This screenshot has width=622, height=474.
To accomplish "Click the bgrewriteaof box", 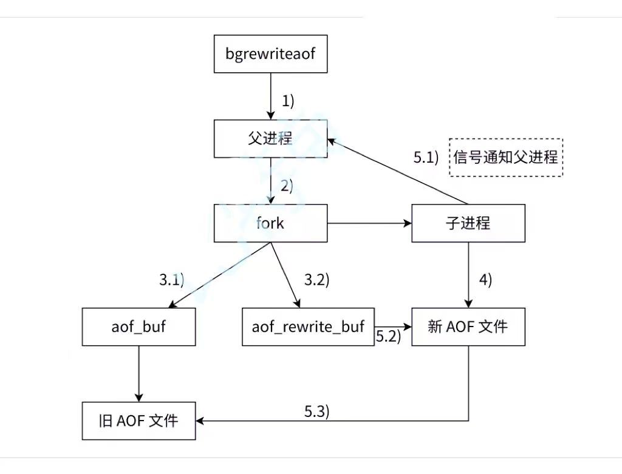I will [x=270, y=54].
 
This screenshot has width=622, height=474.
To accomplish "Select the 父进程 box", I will [x=270, y=138].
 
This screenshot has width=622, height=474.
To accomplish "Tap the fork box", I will [x=270, y=223].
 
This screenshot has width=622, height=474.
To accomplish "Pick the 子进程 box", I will [x=468, y=223].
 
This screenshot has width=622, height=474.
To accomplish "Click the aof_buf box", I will [x=139, y=327].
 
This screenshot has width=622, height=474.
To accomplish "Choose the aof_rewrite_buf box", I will [x=308, y=327].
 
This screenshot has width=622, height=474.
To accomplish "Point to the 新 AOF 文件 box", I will [x=468, y=327].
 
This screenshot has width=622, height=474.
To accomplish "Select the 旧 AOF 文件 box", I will [x=139, y=420].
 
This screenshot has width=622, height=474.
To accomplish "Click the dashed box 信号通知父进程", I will [x=505, y=157].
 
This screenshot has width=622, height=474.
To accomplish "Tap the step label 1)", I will [x=287, y=101].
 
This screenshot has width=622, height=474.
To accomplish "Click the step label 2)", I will [x=286, y=186].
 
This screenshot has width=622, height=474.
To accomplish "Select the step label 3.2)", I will [x=316, y=280].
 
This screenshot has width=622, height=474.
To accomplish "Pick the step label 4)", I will [x=485, y=280].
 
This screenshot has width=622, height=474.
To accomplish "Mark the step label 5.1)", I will [x=426, y=158].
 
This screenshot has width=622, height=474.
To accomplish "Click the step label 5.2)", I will [x=388, y=337].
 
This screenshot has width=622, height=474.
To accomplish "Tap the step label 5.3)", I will [x=316, y=411].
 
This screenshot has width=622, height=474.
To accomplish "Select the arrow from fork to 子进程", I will [x=369, y=223].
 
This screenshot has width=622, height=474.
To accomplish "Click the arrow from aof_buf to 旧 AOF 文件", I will [x=139, y=373].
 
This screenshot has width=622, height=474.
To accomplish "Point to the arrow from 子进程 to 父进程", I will [x=398, y=172].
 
